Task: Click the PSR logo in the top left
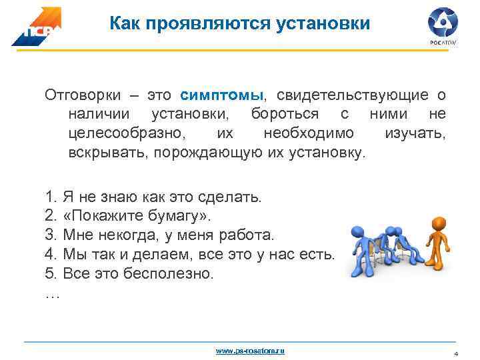(x=35, y=27)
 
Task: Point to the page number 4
(x=456, y=353)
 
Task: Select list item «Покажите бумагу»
(x=137, y=216)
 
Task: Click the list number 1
(x=50, y=197)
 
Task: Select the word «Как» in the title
(x=125, y=25)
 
